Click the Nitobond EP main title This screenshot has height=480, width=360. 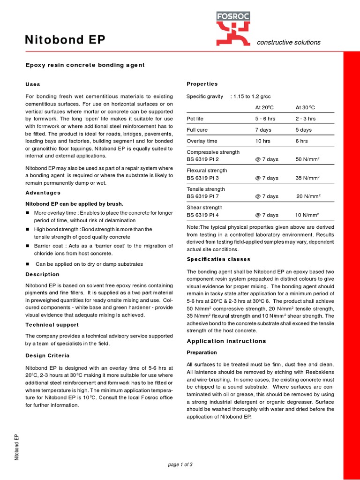pyautogui.click(x=65, y=41)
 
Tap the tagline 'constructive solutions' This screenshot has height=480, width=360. pyautogui.click(x=288, y=42)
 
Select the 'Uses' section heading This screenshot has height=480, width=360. pyautogui.click(x=33, y=84)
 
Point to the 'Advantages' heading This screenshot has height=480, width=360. pyautogui.click(x=43, y=193)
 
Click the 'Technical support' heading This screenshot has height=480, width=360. pyautogui.click(x=52, y=324)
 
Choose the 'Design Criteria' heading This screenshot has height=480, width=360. pyautogui.click(x=47, y=356)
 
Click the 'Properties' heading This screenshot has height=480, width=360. pyautogui.click(x=202, y=84)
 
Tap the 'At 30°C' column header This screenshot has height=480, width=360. pyautogui.click(x=305, y=107)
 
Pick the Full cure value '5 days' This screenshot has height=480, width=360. pyautogui.click(x=303, y=130)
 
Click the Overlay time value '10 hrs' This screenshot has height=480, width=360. pyautogui.click(x=262, y=141)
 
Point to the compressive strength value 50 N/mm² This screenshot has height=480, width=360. pyautogui.click(x=307, y=159)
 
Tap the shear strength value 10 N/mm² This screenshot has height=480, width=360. pyautogui.click(x=307, y=215)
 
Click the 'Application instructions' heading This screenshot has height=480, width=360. pyautogui.click(x=226, y=341)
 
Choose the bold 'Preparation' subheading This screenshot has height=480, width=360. pyautogui.click(x=202, y=352)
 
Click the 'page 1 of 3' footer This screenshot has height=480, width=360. pyautogui.click(x=180, y=465)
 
